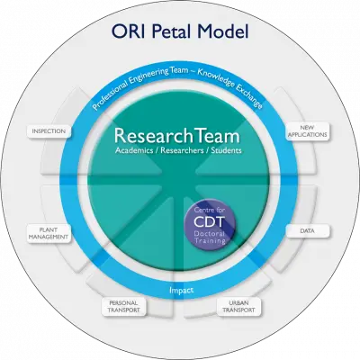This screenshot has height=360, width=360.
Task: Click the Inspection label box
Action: pyautogui.click(x=49, y=131)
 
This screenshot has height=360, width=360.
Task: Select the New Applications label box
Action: pyautogui.click(x=307, y=131)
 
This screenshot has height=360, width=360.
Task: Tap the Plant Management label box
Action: pyautogui.click(x=49, y=233)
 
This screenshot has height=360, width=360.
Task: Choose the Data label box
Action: pyautogui.click(x=307, y=231)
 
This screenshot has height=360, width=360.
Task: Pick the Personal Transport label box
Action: pyautogui.click(x=124, y=306)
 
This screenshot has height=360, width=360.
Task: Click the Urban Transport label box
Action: pyautogui.click(x=238, y=306)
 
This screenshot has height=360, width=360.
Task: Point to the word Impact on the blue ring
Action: pyautogui.click(x=181, y=290)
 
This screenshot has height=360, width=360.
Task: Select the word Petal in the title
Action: pyautogui.click(x=173, y=31)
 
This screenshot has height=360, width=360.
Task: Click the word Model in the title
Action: pyautogui.click(x=223, y=31)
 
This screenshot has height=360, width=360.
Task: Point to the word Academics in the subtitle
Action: pyautogui.click(x=134, y=150)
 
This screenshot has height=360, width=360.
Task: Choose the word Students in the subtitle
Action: pyautogui.click(x=226, y=150)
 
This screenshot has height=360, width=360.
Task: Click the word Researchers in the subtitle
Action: pyautogui.click(x=182, y=150)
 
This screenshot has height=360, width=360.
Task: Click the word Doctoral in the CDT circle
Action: pyautogui.click(x=210, y=234)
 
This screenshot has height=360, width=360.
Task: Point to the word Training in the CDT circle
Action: pyautogui.click(x=210, y=241)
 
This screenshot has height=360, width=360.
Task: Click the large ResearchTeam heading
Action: pyautogui.click(x=177, y=136)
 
